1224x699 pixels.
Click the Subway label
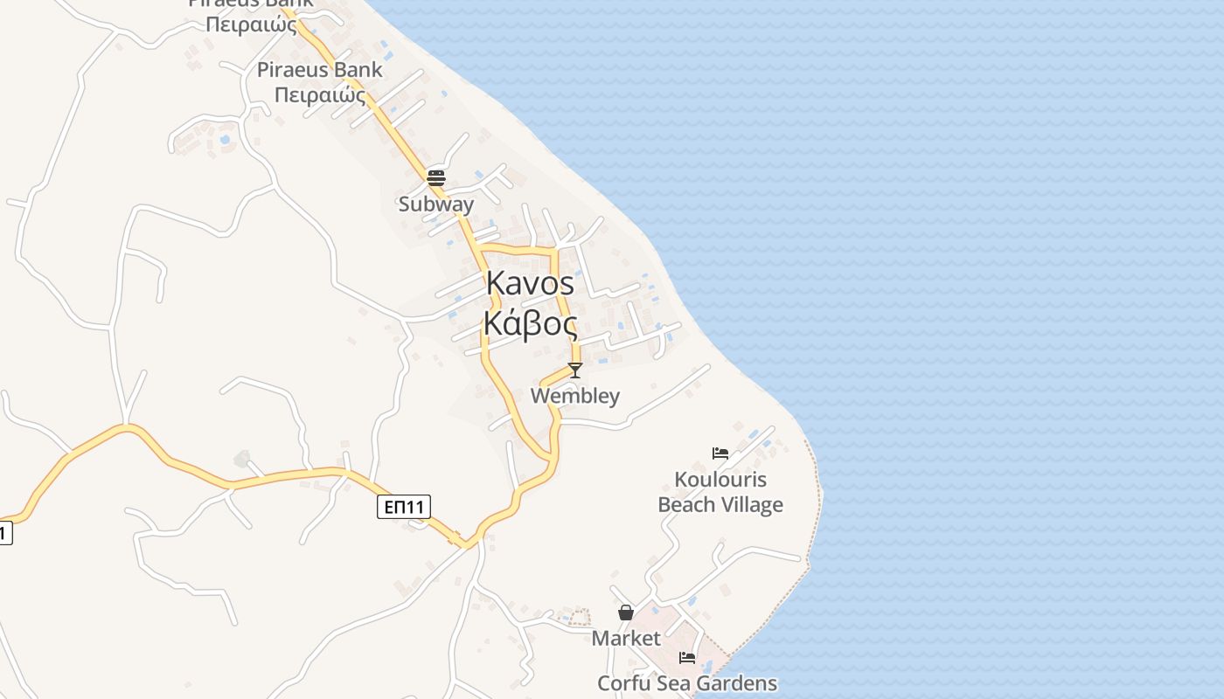[x=436, y=204]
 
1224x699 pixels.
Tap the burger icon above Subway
[x=436, y=178]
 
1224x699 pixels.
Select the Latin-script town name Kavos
[x=530, y=283]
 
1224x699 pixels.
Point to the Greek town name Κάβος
[x=530, y=324]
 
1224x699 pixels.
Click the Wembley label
[x=575, y=396]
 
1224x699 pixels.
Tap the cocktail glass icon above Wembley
[x=575, y=370]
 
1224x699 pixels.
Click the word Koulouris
[x=720, y=480]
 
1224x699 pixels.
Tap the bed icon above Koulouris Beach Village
[x=720, y=453]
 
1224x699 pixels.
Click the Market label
[x=626, y=639]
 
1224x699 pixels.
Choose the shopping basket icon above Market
[x=626, y=612]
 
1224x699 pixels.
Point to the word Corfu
[x=624, y=683]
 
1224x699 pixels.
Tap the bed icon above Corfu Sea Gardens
[x=687, y=657]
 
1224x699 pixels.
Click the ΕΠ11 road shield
[x=404, y=507]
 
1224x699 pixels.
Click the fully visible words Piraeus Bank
[x=319, y=70]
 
